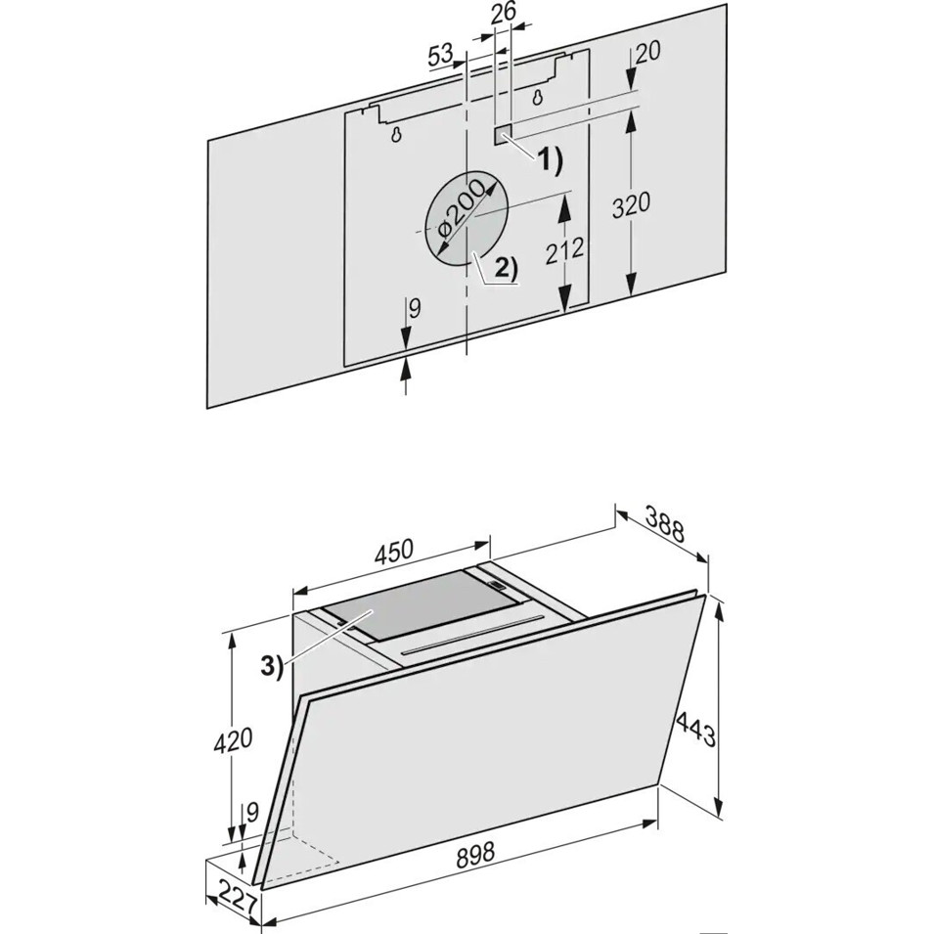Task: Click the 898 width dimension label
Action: point(475,854)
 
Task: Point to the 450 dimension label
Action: point(393,551)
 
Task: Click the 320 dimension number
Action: point(632,205)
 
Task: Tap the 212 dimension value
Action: point(563,250)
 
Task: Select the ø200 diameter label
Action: point(461,214)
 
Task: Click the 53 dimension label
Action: point(440,56)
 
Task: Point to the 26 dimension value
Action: point(504,14)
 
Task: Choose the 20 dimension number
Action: point(647,52)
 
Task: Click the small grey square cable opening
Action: point(503,135)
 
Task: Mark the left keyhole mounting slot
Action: point(396,135)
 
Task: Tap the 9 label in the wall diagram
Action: point(416,308)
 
